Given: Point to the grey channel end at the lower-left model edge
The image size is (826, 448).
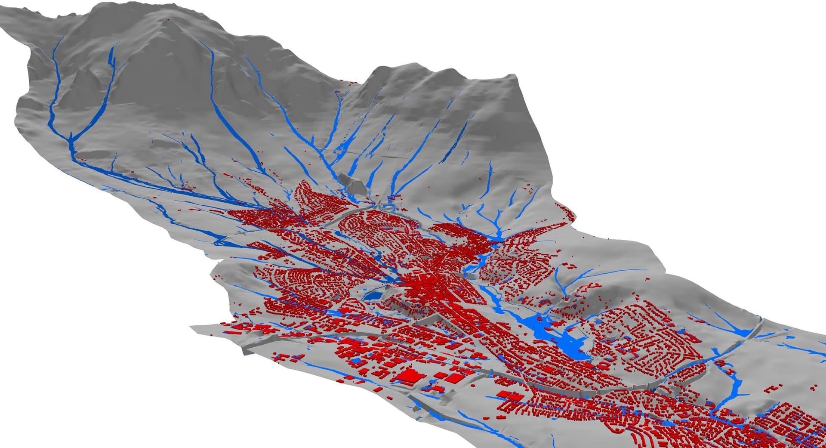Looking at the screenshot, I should tap(245, 351).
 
